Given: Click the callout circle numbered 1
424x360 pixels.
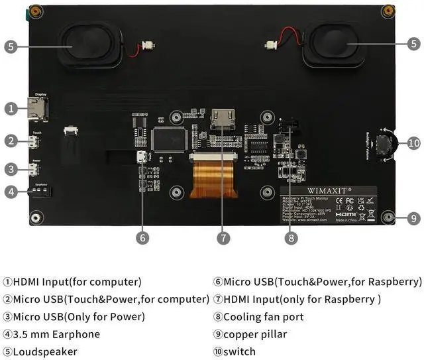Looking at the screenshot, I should coord(11,108).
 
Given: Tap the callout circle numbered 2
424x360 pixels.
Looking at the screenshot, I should coord(11,141).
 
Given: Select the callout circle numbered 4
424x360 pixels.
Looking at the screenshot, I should coord(11,192).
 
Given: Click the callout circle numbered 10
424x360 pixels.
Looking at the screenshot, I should coord(413,143).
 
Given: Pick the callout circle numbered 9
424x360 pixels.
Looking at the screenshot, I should coord(413,217).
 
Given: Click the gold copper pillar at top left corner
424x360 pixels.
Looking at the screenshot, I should coord(36,11).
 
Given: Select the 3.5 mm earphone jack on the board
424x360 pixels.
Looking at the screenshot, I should coord(40,192).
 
